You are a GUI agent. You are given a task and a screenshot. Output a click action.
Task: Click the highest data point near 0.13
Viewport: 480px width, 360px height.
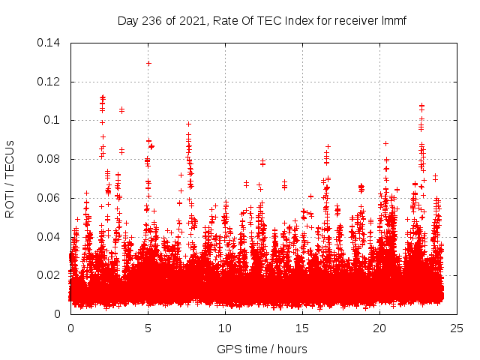(x=148, y=63)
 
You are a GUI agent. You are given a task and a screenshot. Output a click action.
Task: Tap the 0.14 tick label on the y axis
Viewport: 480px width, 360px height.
(x=49, y=43)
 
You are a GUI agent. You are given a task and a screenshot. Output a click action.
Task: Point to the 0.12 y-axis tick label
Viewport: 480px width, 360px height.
(x=49, y=82)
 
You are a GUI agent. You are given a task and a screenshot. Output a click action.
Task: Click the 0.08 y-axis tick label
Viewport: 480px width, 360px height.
(x=49, y=159)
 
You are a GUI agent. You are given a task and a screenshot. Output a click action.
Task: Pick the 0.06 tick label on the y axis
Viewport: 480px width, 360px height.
(x=49, y=198)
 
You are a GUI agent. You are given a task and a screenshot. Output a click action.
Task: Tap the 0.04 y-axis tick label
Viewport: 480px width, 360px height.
(x=49, y=237)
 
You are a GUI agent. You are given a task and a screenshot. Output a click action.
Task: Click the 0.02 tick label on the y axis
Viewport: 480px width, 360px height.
(x=49, y=275)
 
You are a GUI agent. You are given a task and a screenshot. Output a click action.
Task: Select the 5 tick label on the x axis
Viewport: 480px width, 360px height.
(x=148, y=328)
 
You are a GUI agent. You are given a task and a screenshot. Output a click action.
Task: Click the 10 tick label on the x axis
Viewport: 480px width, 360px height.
(x=225, y=328)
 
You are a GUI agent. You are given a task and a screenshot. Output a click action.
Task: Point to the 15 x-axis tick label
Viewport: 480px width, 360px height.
(x=302, y=328)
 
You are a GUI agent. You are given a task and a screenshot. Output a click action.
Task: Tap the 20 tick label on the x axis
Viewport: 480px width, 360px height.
(x=379, y=328)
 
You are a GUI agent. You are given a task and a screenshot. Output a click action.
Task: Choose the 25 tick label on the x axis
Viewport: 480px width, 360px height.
(x=457, y=328)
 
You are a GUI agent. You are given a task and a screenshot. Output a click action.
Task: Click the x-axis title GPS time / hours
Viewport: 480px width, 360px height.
(x=262, y=349)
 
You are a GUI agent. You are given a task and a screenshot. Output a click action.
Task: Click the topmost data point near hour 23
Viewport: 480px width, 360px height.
(x=421, y=106)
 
